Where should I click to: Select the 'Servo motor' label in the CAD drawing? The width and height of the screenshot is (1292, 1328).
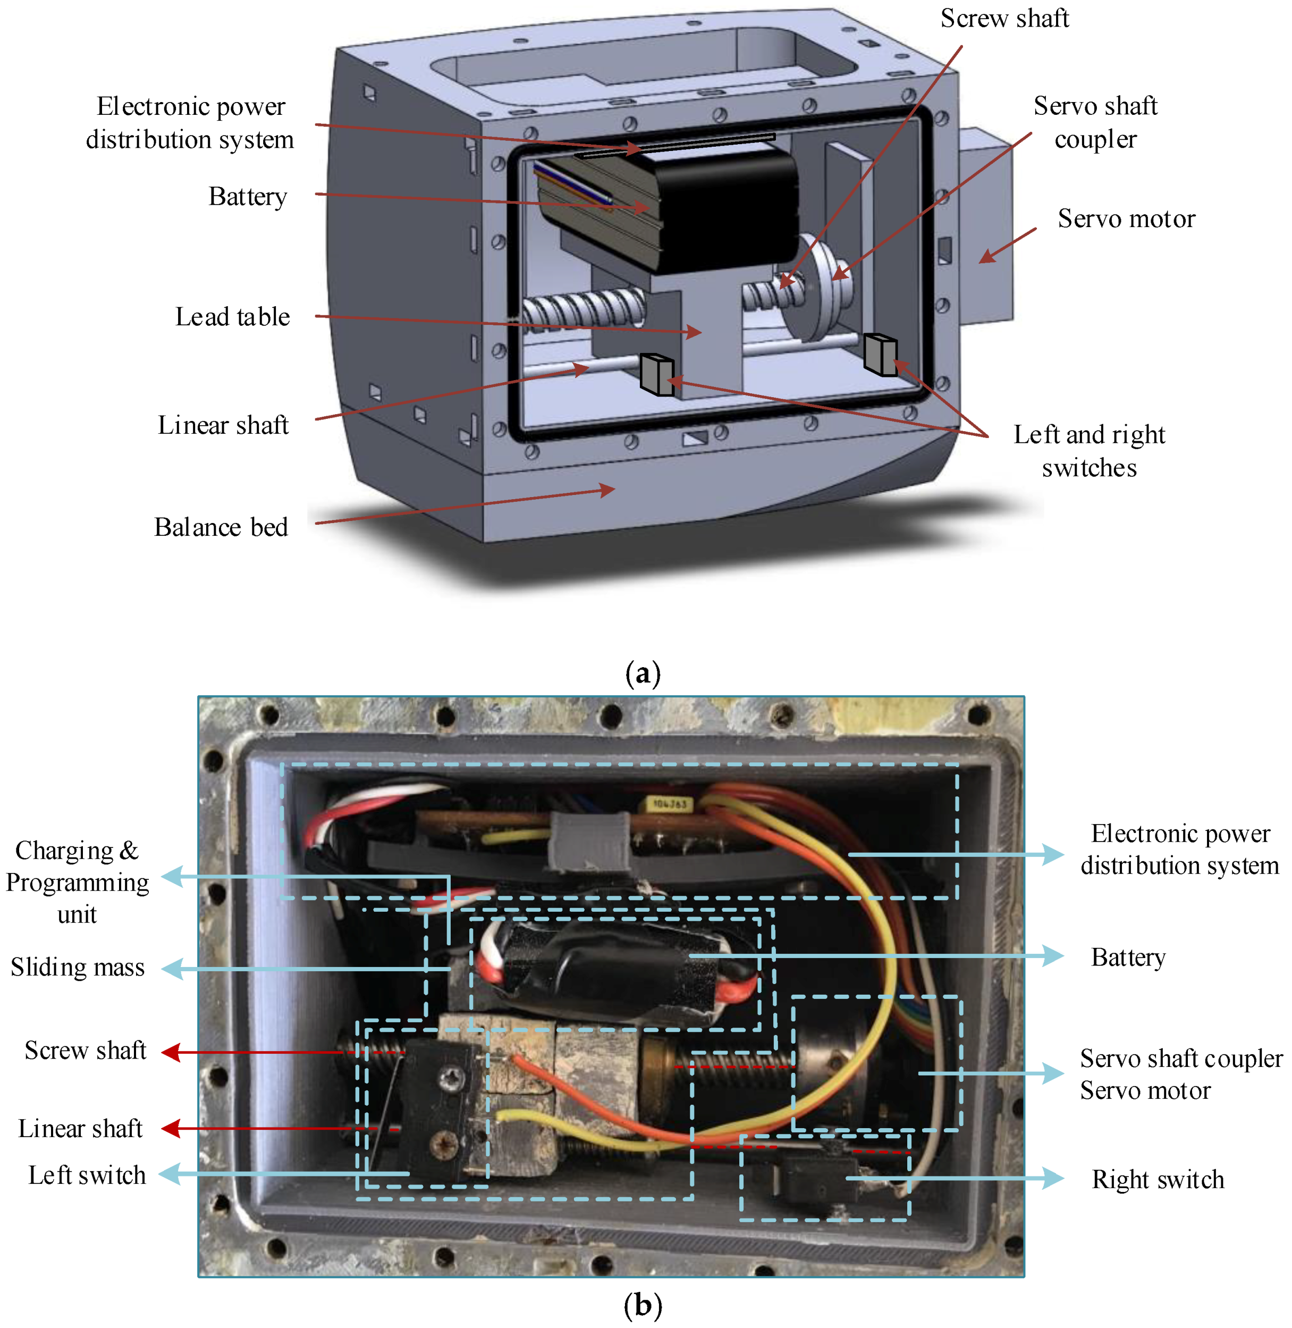pyautogui.click(x=1126, y=218)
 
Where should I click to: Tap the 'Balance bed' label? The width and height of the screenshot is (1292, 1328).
pyautogui.click(x=221, y=527)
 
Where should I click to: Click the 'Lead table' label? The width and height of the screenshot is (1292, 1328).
pyautogui.click(x=232, y=316)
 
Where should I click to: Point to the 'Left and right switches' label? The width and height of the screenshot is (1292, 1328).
pyautogui.click(x=1088, y=451)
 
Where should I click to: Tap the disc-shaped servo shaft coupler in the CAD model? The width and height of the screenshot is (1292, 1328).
pyautogui.click(x=818, y=285)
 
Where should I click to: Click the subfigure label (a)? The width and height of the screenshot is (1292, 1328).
pyautogui.click(x=642, y=674)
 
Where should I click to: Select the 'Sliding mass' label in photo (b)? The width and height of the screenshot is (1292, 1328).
pyautogui.click(x=78, y=967)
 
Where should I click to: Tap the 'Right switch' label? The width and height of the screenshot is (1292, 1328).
pyautogui.click(x=1157, y=1179)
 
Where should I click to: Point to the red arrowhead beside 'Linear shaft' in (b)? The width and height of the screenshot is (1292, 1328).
pyautogui.click(x=171, y=1129)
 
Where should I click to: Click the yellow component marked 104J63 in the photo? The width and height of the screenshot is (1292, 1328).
pyautogui.click(x=669, y=804)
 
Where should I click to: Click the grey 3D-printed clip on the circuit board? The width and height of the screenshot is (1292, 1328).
pyautogui.click(x=588, y=840)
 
